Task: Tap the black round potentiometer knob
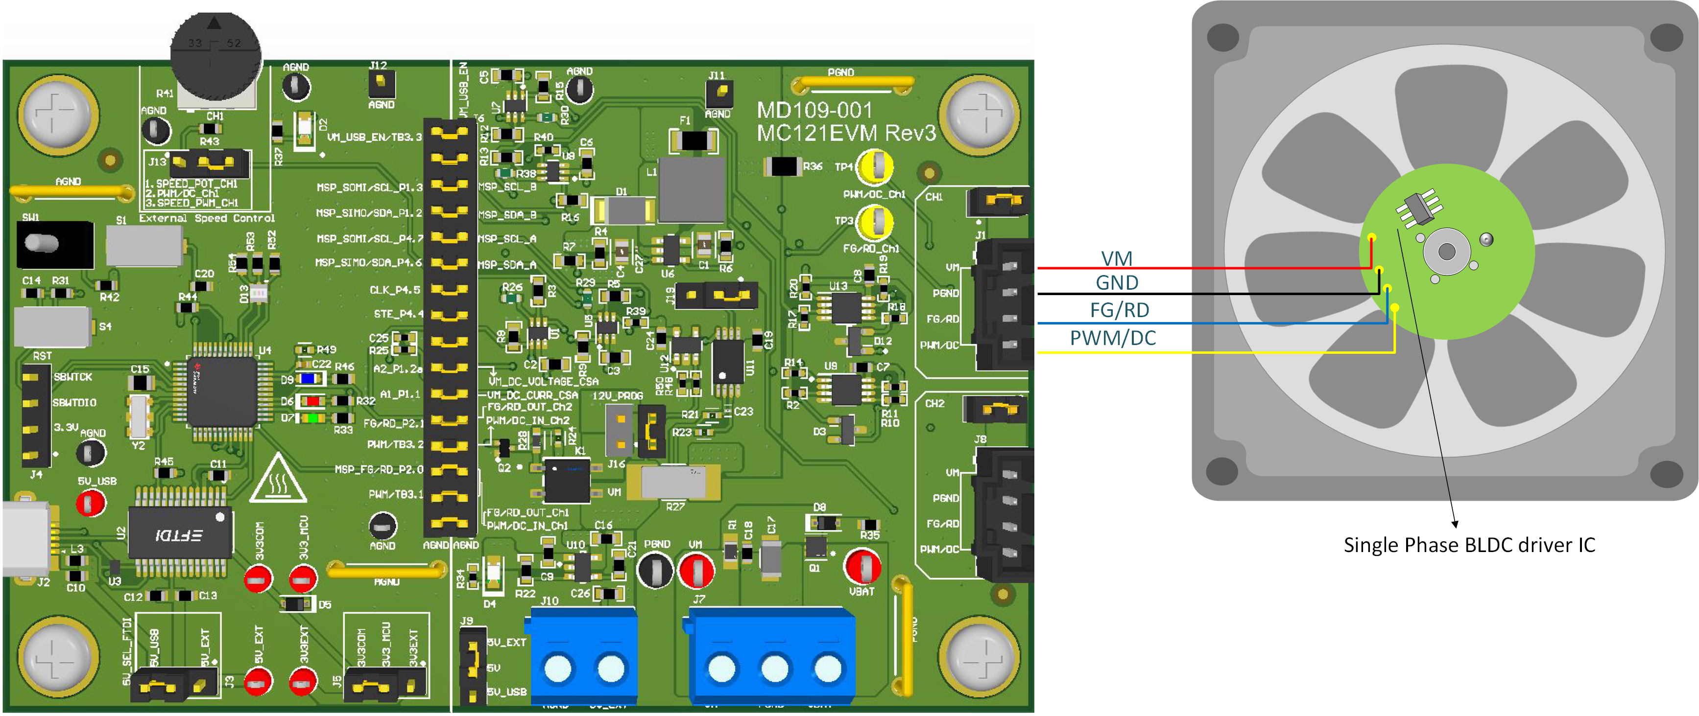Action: click(x=215, y=57)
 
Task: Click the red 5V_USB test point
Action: click(x=90, y=504)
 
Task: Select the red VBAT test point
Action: click(x=861, y=566)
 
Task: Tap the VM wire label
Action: click(x=1117, y=258)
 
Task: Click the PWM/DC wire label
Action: click(x=1113, y=338)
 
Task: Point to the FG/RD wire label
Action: click(x=1119, y=309)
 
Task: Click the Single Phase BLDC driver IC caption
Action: click(x=1469, y=545)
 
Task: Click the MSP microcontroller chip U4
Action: click(x=221, y=391)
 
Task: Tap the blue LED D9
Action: click(x=308, y=378)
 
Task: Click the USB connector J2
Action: click(x=26, y=539)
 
